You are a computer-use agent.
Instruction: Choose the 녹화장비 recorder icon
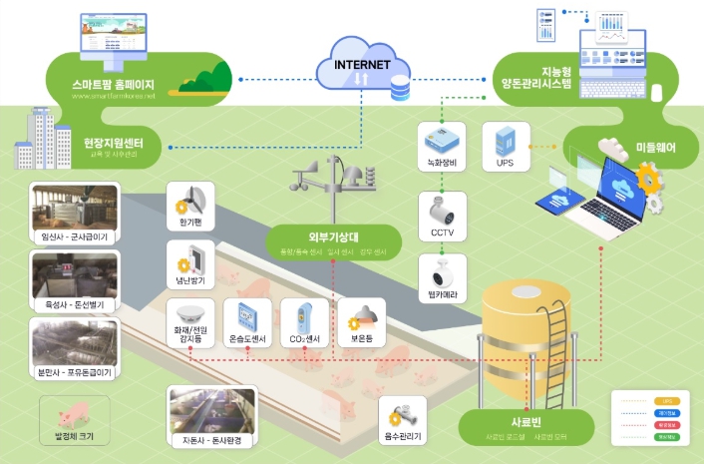point(440,140)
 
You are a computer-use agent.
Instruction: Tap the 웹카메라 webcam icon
point(440,270)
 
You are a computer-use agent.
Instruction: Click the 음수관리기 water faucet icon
point(403,413)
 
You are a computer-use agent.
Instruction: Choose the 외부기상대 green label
point(333,237)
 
